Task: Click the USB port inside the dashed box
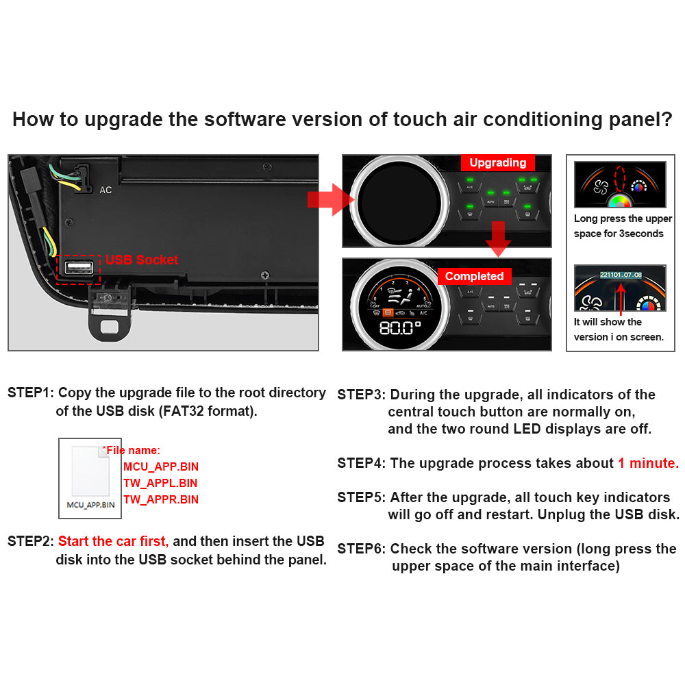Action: click(x=79, y=267)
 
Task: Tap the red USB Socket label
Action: click(x=142, y=260)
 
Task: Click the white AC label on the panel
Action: click(x=105, y=190)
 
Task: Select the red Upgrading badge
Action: click(x=498, y=162)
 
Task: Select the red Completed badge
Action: click(x=475, y=276)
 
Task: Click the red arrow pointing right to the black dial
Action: click(x=331, y=199)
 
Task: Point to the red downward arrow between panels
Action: click(x=498, y=238)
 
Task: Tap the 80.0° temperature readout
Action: click(x=400, y=327)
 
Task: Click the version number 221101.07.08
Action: click(x=621, y=275)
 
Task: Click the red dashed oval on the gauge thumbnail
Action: click(x=620, y=179)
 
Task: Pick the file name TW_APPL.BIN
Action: click(x=160, y=483)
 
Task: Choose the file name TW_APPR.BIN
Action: click(x=161, y=499)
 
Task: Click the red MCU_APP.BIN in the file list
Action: click(x=161, y=466)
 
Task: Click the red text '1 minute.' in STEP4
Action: click(x=648, y=463)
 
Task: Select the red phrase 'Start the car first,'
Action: click(x=113, y=541)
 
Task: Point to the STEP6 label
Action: click(x=361, y=549)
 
